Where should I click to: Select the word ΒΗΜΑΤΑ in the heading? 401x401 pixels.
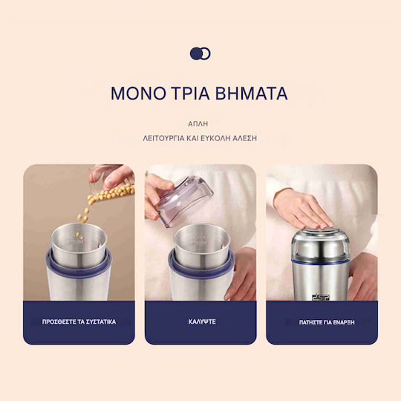click(252, 93)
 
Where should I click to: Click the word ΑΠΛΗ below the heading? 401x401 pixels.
click(198, 124)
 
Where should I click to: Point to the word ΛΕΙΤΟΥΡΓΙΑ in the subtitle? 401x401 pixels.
click(163, 138)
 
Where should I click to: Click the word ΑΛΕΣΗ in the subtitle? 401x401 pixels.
click(244, 138)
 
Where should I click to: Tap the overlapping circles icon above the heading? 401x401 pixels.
click(200, 53)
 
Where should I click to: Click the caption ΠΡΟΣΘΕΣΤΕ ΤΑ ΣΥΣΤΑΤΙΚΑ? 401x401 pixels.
click(79, 322)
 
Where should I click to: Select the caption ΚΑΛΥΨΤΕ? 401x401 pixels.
click(202, 322)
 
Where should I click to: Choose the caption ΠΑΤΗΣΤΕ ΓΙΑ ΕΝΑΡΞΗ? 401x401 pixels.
click(327, 322)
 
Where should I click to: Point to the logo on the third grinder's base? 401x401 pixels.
click(321, 297)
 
